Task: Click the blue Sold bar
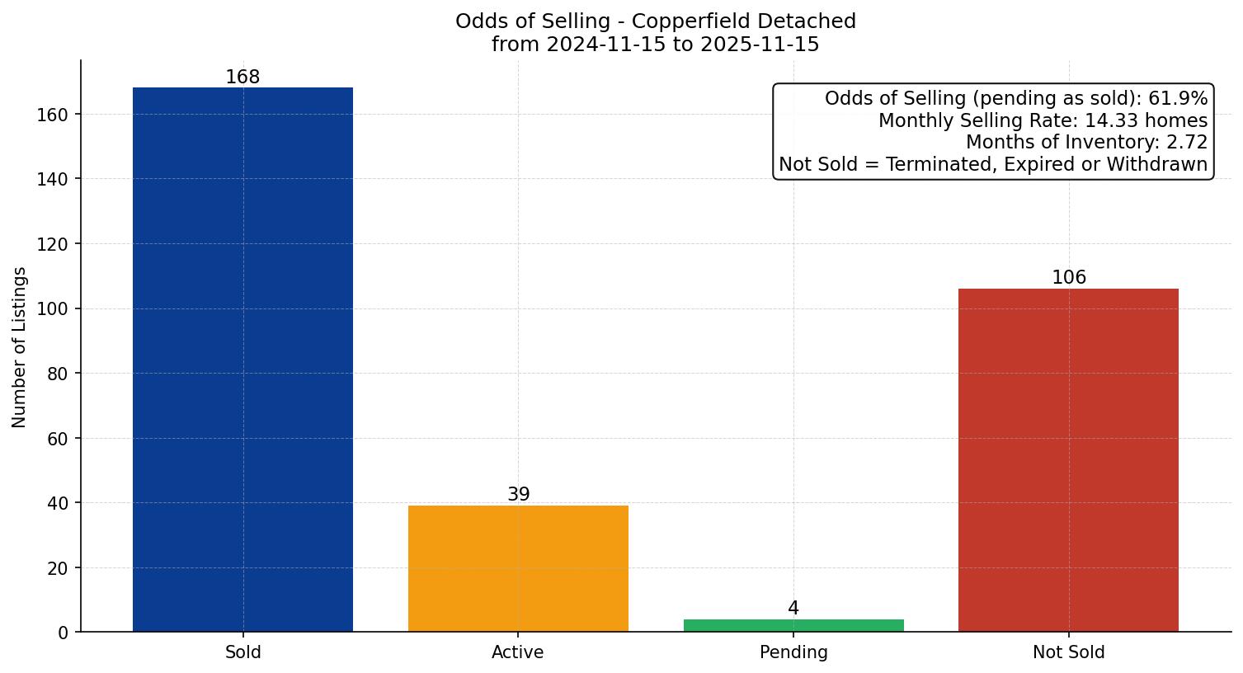[x=242, y=360]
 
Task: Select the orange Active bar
[x=518, y=569]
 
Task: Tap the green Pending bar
[x=793, y=626]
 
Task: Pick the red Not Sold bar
[x=1068, y=460]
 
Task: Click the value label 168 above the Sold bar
[x=242, y=78]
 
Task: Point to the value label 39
[x=518, y=495]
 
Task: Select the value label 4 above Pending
[x=793, y=609]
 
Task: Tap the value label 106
[x=1068, y=278]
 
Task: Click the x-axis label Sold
[x=242, y=652]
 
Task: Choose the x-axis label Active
[x=518, y=652]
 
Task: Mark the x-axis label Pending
[x=793, y=652]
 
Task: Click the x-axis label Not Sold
[x=1068, y=652]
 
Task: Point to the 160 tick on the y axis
[x=53, y=115]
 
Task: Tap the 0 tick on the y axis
[x=64, y=633]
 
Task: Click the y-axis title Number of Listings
[x=20, y=347]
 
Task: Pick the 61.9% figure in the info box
[x=1178, y=99]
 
